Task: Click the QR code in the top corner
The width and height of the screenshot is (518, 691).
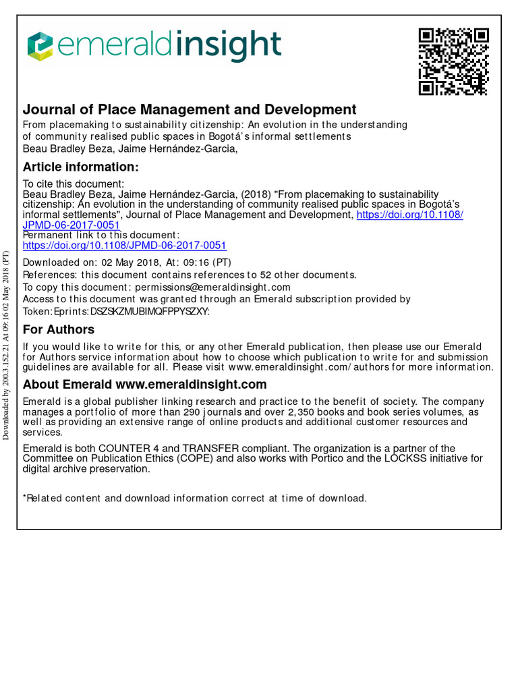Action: tap(453, 61)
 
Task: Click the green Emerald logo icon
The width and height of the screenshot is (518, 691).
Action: tap(39, 46)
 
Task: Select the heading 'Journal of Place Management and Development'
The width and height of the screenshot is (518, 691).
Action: tap(190, 109)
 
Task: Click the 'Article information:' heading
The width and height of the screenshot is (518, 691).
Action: tap(81, 167)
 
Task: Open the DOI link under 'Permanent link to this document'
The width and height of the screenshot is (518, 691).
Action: tap(125, 246)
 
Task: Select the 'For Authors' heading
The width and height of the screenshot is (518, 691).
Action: tap(59, 330)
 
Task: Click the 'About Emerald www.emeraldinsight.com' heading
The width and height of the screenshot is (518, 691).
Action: tap(145, 385)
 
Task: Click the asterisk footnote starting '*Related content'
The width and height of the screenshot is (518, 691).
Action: tap(195, 498)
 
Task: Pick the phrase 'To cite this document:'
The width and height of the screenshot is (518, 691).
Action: tap(73, 184)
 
